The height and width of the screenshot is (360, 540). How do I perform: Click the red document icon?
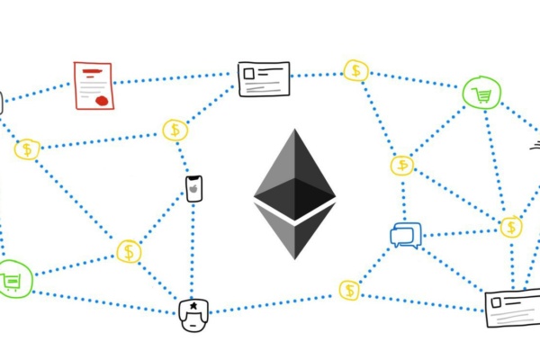(x=94, y=85)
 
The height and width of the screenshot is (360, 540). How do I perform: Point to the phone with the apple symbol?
(x=193, y=188)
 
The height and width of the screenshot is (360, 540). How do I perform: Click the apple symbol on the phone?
(x=193, y=190)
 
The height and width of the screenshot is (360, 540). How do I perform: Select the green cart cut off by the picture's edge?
(x=11, y=281)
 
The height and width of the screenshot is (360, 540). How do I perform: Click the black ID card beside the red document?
(x=264, y=78)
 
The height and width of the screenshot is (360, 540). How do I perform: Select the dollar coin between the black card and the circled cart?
(x=356, y=71)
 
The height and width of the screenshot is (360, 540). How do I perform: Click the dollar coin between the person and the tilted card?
(x=348, y=290)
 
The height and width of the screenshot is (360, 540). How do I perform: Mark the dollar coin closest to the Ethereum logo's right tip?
(x=401, y=166)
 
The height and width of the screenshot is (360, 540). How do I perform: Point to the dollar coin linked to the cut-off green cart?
(x=130, y=251)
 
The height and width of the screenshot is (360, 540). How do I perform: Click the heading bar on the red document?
(x=89, y=69)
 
